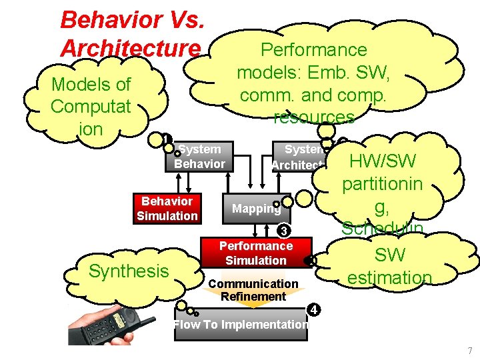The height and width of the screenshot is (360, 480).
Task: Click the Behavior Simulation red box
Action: pyautogui.click(x=167, y=209)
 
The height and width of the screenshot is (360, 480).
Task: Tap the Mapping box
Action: pyautogui.click(x=256, y=209)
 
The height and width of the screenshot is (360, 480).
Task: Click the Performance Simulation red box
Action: pyautogui.click(x=255, y=253)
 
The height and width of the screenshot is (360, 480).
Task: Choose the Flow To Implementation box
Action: pyautogui.click(x=241, y=325)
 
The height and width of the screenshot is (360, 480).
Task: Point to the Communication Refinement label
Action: pyautogui.click(x=253, y=290)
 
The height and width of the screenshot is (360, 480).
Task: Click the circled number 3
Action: pyautogui.click(x=283, y=231)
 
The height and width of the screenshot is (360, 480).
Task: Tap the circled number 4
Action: pyautogui.click(x=314, y=309)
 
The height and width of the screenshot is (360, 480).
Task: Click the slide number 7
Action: pyautogui.click(x=469, y=351)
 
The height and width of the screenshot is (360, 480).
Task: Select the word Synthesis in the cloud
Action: pyautogui.click(x=129, y=271)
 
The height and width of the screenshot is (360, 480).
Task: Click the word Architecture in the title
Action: pyautogui.click(x=130, y=48)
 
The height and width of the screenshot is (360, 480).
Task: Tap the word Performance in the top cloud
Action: pyautogui.click(x=314, y=50)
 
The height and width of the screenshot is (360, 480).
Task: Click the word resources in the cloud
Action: pyautogui.click(x=314, y=117)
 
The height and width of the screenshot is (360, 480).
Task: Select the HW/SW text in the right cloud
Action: pyautogui.click(x=383, y=161)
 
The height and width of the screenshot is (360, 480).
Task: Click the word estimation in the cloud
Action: pyautogui.click(x=390, y=277)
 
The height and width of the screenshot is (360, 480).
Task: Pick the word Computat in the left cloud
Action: pyautogui.click(x=91, y=107)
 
